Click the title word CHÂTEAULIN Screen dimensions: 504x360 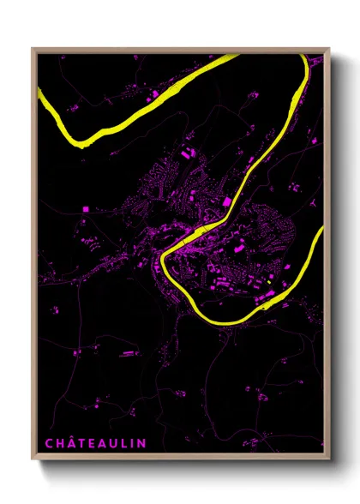(95, 443)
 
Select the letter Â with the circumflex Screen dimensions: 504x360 (73, 442)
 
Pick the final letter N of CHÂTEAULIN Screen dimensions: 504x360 (142, 443)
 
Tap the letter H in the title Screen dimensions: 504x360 (60, 443)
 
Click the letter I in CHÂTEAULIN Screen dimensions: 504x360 (134, 443)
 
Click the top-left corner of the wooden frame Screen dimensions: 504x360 (33, 49)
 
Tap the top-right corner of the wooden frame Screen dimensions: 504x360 (329, 49)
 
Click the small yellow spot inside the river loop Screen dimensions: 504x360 (269, 282)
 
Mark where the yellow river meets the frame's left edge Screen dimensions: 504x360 (39, 96)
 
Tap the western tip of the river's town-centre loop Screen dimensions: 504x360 (160, 256)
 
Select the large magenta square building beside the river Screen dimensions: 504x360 (227, 201)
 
